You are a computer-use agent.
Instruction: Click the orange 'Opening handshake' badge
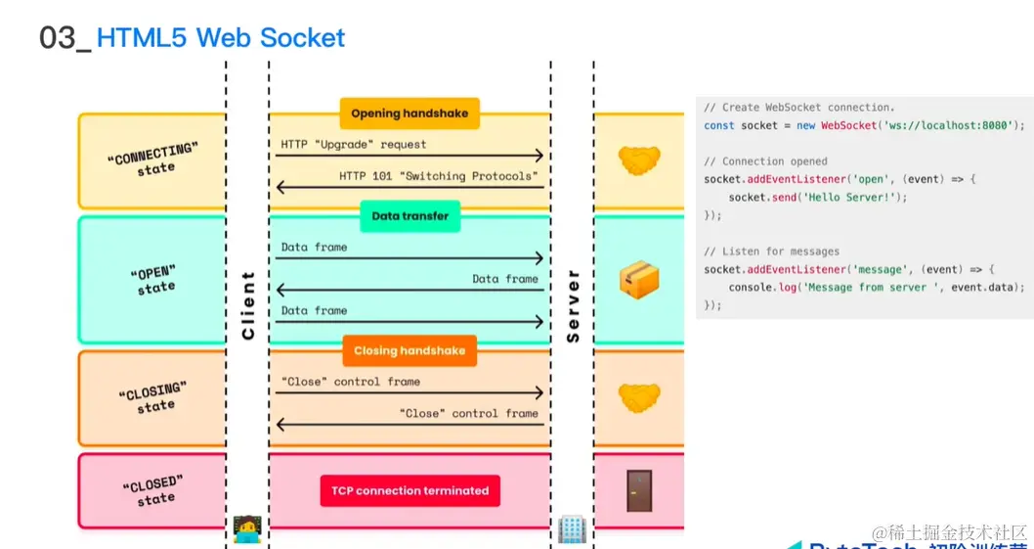[x=409, y=114]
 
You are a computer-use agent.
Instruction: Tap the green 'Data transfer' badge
[x=410, y=216]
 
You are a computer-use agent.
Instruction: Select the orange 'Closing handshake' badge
[x=409, y=351]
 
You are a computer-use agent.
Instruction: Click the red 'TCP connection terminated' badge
[x=409, y=491]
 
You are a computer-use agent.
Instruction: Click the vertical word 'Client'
[x=248, y=305]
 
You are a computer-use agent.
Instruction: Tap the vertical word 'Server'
[x=573, y=305]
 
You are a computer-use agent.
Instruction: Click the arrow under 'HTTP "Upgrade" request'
[x=410, y=156]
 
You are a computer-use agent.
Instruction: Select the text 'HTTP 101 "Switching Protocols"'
[x=439, y=176]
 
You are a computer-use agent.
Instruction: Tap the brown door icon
[x=639, y=490]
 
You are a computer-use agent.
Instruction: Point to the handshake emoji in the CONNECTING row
[x=639, y=160]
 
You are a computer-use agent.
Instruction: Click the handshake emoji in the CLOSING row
[x=639, y=397]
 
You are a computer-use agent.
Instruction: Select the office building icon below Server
[x=571, y=529]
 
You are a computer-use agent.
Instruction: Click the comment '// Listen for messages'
[x=771, y=252]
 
